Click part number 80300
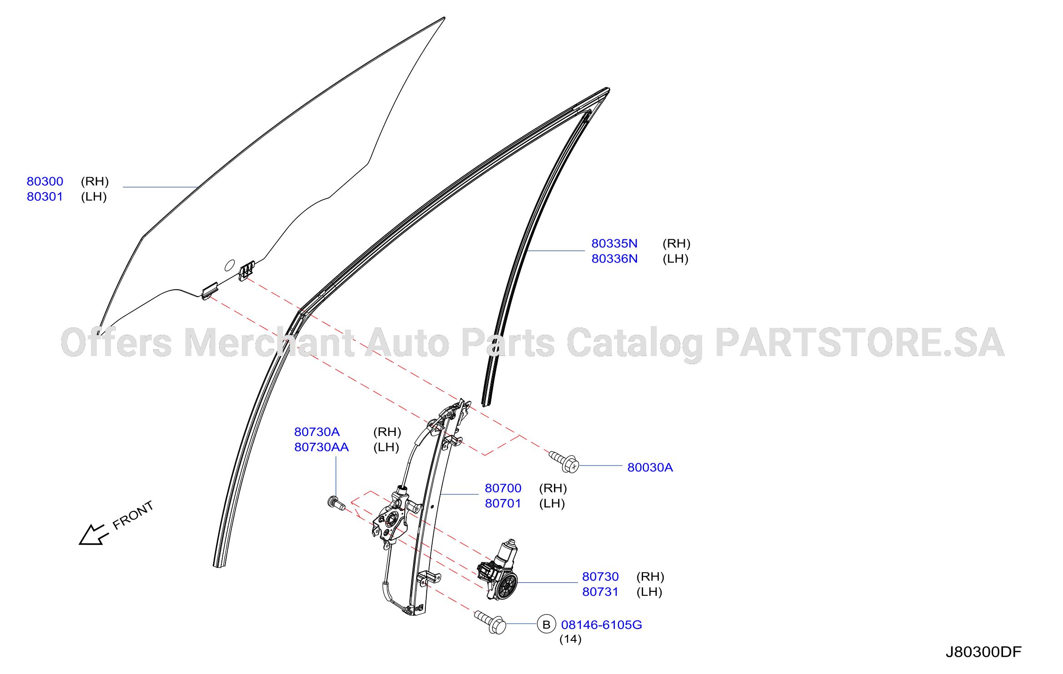tap(45, 181)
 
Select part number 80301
tap(45, 197)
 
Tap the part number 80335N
tap(614, 243)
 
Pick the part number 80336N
tap(614, 259)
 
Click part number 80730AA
tap(321, 447)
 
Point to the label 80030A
tap(650, 467)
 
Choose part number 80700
tap(503, 488)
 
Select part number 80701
tap(503, 504)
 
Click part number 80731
tap(600, 592)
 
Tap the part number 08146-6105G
tap(602, 625)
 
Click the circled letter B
tap(546, 624)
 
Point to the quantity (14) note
tap(570, 639)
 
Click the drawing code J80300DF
tap(983, 652)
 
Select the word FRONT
tap(133, 515)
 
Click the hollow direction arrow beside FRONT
tap(94, 535)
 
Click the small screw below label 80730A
tap(336, 503)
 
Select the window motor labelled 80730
tap(498, 570)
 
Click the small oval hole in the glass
tap(230, 265)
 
